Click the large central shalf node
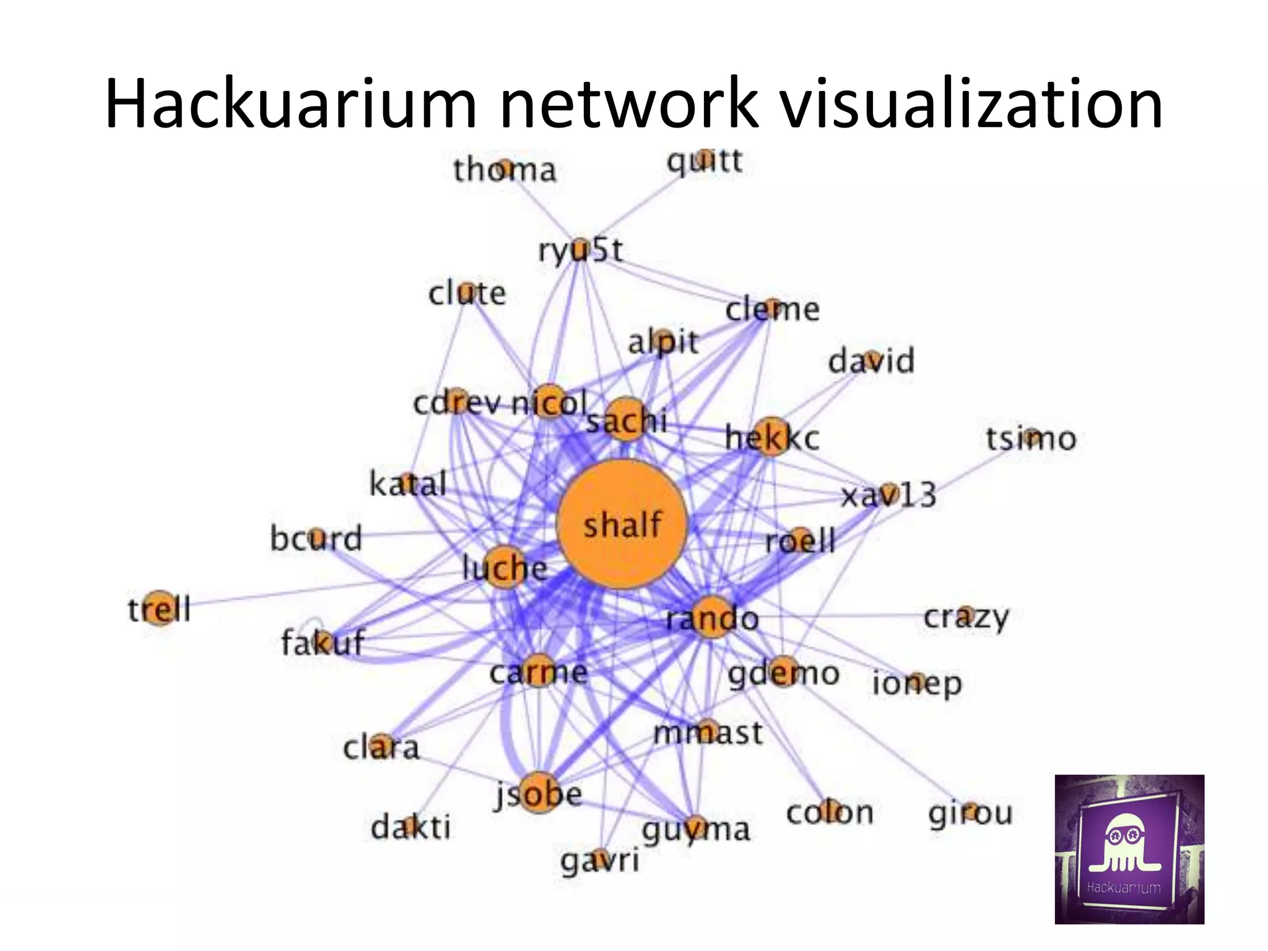pyautogui.click(x=622, y=524)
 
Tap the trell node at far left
pyautogui.click(x=160, y=607)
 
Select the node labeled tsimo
pyautogui.click(x=1031, y=437)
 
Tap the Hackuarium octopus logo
pyautogui.click(x=1129, y=849)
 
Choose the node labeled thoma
pyautogui.click(x=505, y=168)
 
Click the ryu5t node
pyautogui.click(x=580, y=249)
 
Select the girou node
pyautogui.click(x=971, y=811)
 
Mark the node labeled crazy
pyautogui.click(x=966, y=616)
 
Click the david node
pyautogui.click(x=871, y=359)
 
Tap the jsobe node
pyautogui.click(x=537, y=792)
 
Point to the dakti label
pyautogui.click(x=410, y=827)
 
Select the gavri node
pyautogui.click(x=599, y=858)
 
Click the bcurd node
pyautogui.click(x=316, y=537)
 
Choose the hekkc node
pyautogui.click(x=771, y=436)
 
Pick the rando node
pyautogui.click(x=712, y=617)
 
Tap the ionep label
pyautogui.click(x=917, y=683)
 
